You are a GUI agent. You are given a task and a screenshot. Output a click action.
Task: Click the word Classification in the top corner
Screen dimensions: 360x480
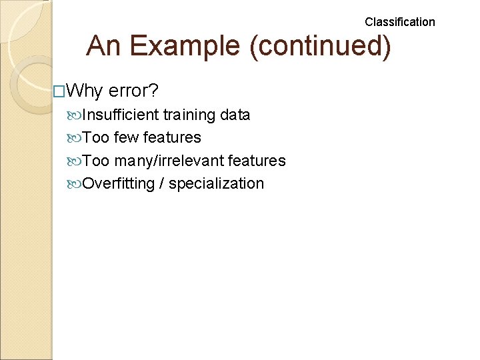click(x=399, y=22)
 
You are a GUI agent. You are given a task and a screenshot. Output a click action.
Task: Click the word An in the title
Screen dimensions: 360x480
click(x=103, y=46)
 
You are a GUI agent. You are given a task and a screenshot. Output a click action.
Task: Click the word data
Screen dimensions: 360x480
click(x=235, y=115)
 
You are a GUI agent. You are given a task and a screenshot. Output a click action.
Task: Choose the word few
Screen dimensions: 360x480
click(x=126, y=138)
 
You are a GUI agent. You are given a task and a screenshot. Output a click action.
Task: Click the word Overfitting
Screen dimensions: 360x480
click(x=118, y=184)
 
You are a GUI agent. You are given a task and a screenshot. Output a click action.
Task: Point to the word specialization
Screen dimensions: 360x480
click(x=216, y=184)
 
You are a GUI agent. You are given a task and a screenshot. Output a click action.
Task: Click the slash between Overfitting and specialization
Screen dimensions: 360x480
click(x=161, y=184)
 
